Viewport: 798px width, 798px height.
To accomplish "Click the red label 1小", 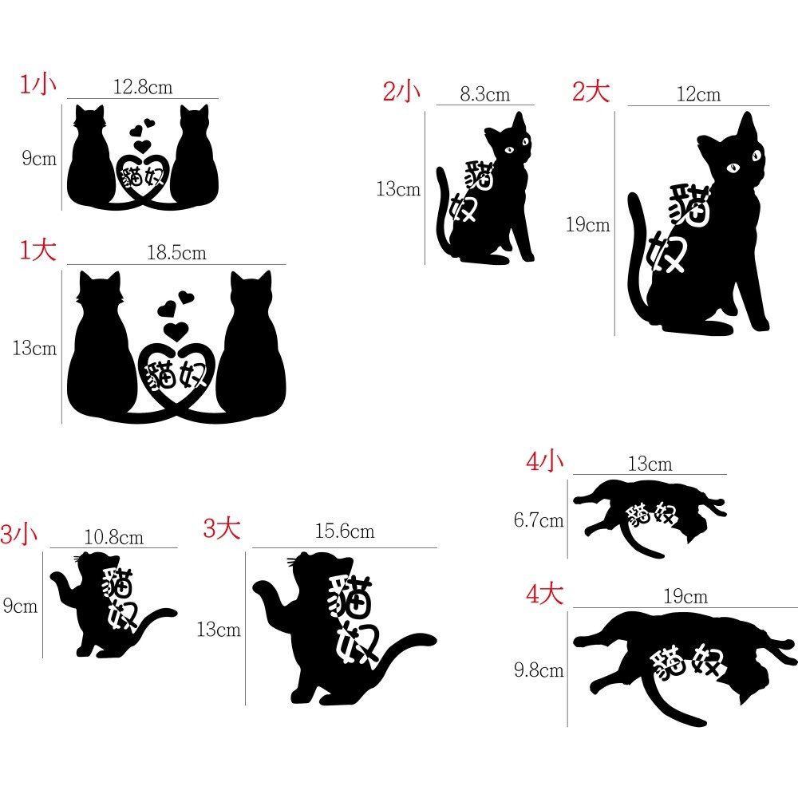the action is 38,84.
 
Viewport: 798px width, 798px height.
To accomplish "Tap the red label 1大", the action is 38,251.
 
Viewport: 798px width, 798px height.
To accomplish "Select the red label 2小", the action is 401,91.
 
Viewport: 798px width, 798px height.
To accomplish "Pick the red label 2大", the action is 591,91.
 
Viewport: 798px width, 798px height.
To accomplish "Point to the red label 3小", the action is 19,534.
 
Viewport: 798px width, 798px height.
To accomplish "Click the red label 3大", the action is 222,527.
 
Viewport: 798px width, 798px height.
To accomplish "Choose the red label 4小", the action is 544,461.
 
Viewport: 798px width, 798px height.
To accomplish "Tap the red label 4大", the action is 544,594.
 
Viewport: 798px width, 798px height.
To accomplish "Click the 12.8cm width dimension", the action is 143,87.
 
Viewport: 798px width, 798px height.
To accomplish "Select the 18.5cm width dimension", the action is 176,252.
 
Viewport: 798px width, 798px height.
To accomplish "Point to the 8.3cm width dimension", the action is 485,94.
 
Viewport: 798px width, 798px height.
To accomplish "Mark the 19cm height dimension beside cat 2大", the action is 588,224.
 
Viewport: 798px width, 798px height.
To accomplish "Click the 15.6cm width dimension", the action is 345,531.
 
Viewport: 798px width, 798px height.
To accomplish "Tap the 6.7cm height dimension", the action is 539,520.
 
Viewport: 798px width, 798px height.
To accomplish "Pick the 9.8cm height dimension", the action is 539,670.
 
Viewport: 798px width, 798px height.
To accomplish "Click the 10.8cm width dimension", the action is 114,537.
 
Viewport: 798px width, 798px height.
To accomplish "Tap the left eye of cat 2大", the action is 733,167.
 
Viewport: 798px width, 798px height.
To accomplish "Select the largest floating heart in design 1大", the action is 176,331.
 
